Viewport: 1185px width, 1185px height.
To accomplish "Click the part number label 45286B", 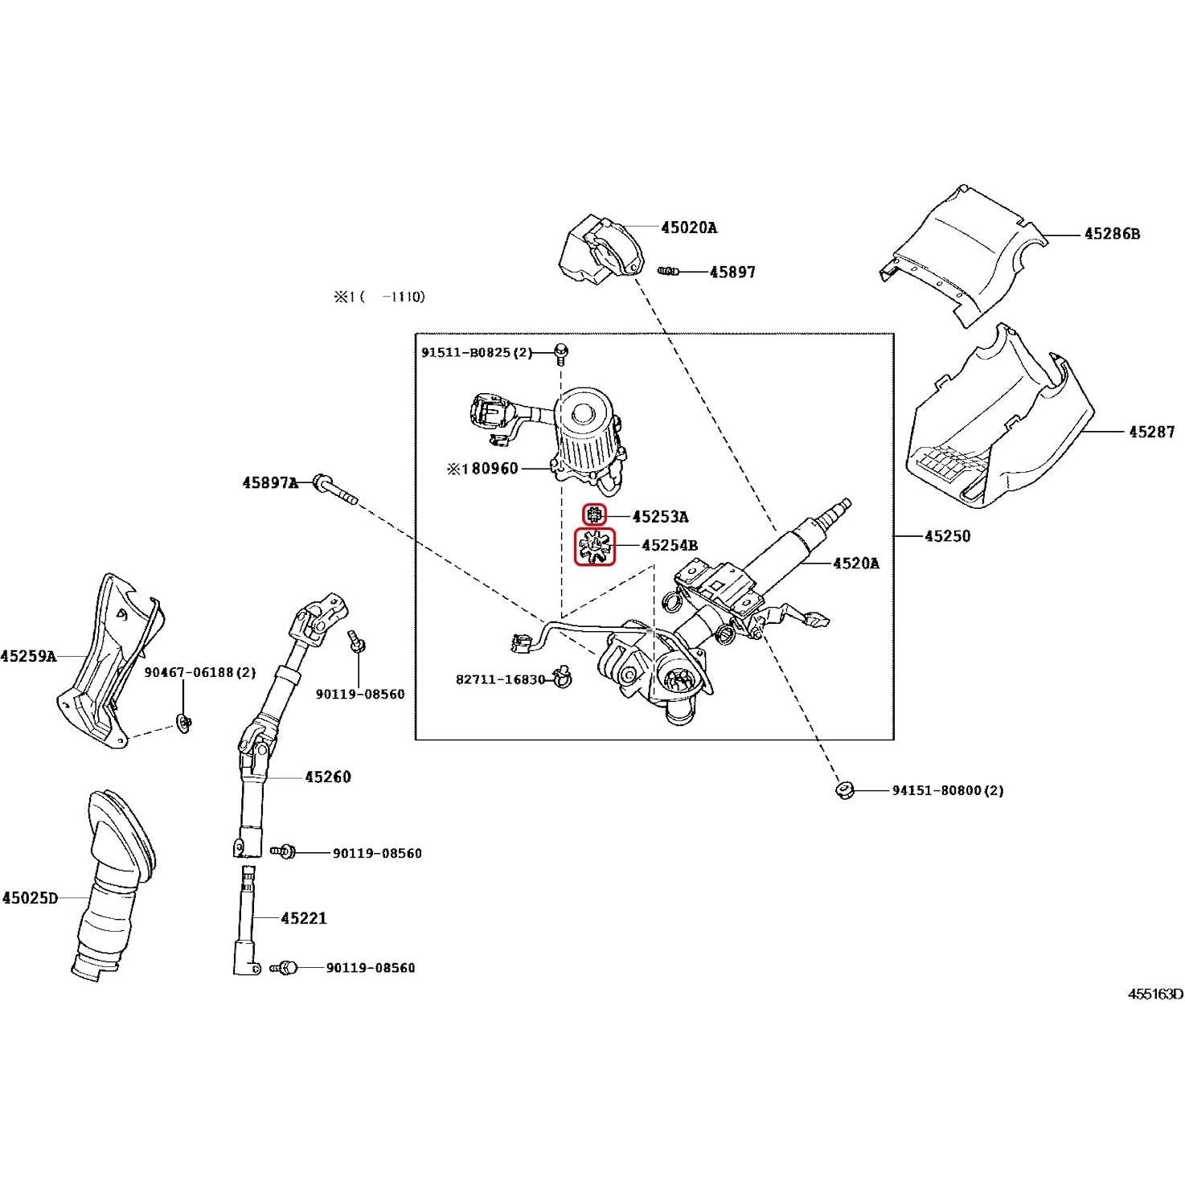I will point(1111,234).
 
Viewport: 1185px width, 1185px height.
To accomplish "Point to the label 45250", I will point(947,536).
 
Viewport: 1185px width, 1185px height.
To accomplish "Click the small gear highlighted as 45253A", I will point(593,515).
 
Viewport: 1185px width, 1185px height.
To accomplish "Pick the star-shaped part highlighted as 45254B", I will point(594,547).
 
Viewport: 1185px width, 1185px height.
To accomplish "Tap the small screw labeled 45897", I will point(667,272).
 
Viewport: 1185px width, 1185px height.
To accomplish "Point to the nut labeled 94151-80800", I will point(843,790).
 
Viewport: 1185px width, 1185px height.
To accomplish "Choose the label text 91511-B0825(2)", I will point(477,353).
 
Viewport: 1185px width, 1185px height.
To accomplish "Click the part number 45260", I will point(327,777).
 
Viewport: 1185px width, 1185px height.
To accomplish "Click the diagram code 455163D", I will point(1155,994).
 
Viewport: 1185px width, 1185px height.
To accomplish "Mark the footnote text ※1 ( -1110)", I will point(379,297).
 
